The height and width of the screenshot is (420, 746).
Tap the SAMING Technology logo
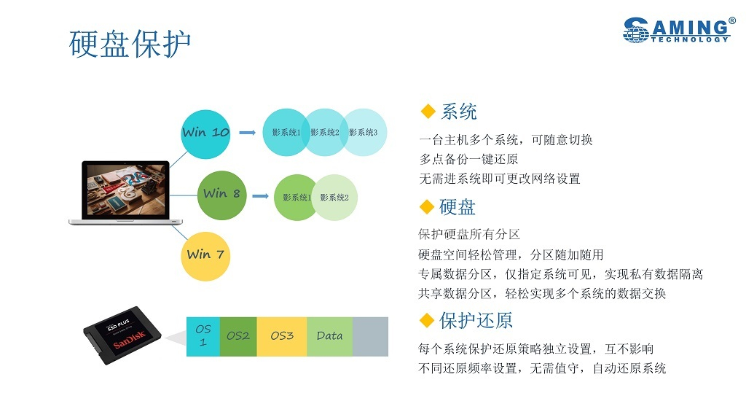[x=678, y=30]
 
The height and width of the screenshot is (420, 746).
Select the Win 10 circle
[x=205, y=133]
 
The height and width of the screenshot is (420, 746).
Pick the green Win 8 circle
[x=221, y=194]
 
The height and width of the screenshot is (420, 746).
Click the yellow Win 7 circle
[x=205, y=255]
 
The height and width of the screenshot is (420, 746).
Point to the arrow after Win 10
[x=248, y=133]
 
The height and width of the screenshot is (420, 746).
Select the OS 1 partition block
[x=203, y=336]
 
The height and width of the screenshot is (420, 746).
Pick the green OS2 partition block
[x=238, y=336]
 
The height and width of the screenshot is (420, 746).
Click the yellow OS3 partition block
[x=282, y=336]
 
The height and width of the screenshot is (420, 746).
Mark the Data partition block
[x=329, y=336]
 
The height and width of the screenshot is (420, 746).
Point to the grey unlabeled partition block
[x=370, y=336]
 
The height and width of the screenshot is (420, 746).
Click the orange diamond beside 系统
[x=428, y=112]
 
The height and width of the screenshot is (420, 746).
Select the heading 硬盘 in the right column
[x=458, y=207]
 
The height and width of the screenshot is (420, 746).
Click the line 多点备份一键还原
[x=468, y=159]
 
